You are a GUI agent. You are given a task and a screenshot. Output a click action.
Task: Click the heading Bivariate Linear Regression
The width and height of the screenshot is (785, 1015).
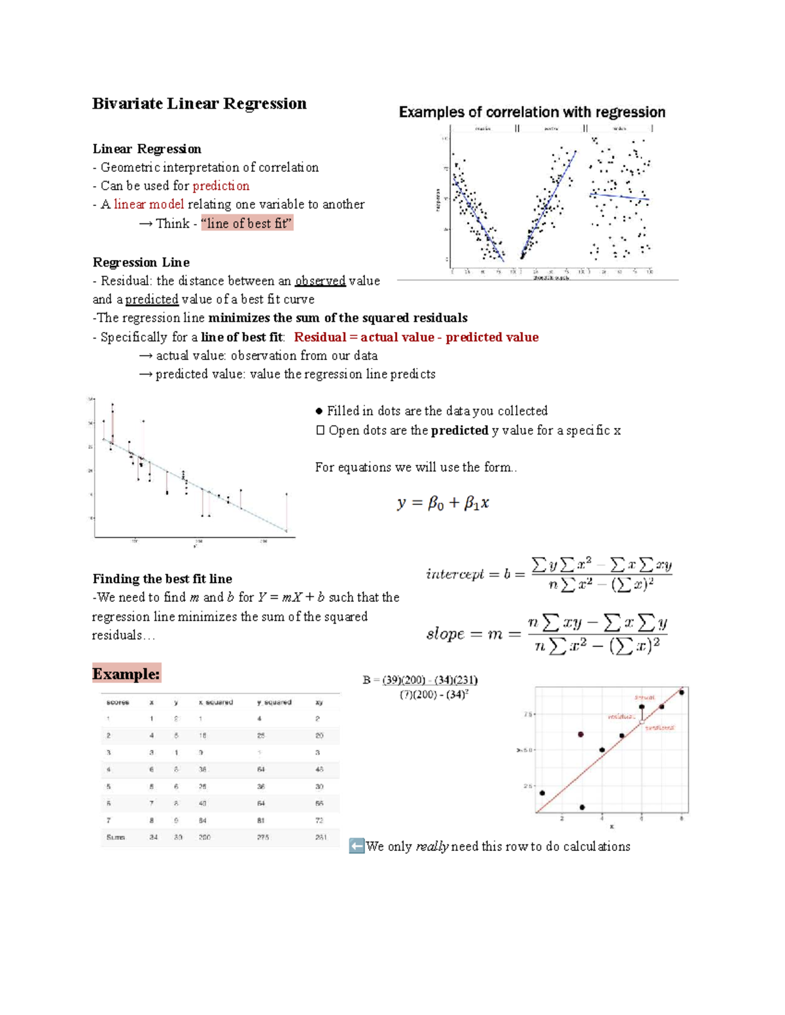199,104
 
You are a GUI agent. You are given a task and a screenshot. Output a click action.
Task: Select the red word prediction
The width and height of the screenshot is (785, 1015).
221,186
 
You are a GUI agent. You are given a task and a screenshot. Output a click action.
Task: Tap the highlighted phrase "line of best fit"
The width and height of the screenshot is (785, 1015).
247,224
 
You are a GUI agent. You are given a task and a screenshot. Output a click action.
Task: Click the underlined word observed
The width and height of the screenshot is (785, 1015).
320,281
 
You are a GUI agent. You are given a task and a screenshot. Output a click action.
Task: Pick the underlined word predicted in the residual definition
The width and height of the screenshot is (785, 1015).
152,299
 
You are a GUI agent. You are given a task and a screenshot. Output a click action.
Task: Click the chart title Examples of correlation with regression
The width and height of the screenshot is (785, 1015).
532,112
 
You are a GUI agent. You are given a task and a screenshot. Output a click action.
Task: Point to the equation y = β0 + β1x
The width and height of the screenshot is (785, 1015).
443,503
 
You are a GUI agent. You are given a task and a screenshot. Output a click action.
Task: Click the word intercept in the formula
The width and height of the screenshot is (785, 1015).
455,574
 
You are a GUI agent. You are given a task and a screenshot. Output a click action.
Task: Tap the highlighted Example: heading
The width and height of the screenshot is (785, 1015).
126,674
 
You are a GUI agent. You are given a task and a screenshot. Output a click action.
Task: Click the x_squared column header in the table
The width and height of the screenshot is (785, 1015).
216,703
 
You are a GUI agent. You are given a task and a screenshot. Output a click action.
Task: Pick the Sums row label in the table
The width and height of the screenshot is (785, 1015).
116,837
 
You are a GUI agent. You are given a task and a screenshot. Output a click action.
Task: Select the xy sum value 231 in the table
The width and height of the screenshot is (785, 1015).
320,837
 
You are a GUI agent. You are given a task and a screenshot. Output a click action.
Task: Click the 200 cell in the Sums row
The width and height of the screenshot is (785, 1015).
205,837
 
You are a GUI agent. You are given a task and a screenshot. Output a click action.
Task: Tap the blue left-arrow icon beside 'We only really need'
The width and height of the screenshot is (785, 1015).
357,846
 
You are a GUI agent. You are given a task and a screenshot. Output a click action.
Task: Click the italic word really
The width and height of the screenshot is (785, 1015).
432,847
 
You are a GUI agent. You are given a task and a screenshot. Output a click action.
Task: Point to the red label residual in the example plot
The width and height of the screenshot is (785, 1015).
621,716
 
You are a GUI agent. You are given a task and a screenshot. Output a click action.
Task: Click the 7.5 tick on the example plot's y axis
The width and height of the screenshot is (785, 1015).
528,714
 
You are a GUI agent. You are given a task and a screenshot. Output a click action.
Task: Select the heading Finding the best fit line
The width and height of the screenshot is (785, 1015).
162,579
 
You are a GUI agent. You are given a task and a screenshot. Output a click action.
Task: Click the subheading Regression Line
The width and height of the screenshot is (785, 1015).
141,263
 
